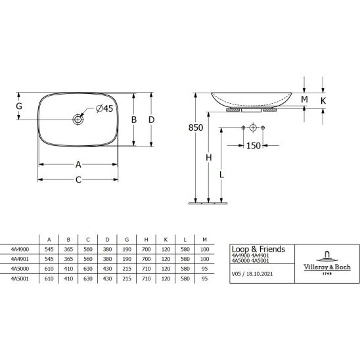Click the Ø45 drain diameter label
104,108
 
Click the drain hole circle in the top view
78,120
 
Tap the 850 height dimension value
196,127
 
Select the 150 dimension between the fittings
253,146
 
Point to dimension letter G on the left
19,106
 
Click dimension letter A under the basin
78,164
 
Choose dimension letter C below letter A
78,179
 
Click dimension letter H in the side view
208,158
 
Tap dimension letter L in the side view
221,175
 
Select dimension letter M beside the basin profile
304,99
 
